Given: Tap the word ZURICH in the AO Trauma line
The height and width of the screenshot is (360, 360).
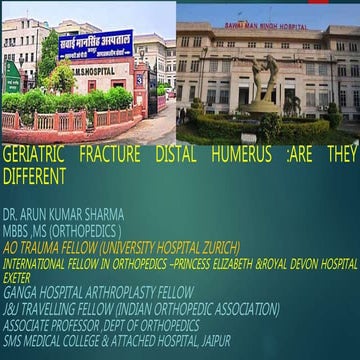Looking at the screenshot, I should (x=217, y=243).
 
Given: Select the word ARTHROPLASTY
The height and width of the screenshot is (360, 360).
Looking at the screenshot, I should (x=111, y=290).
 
